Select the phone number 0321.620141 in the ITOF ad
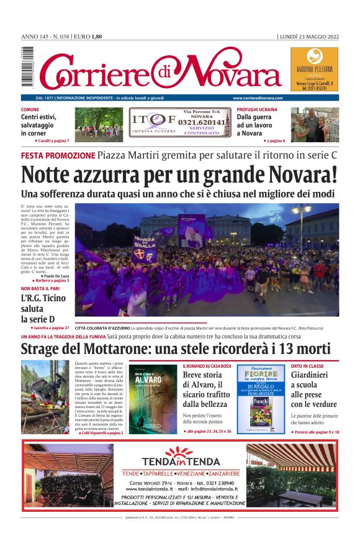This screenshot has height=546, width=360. pos(202,122)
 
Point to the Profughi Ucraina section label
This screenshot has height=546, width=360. pos(257,109)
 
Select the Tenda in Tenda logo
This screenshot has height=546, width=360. pos(180,457)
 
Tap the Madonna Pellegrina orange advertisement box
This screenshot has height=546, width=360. pos(314,70)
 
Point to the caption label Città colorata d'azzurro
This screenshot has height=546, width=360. pos(102,327)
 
